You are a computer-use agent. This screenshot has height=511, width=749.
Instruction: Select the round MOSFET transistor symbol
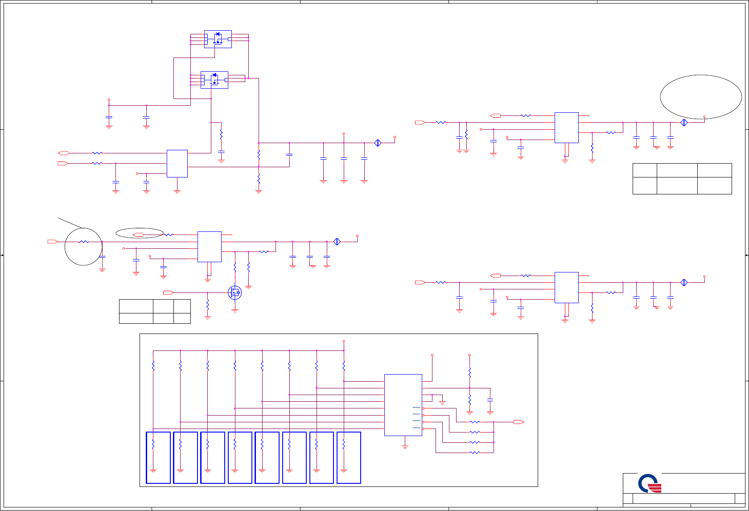click(235, 293)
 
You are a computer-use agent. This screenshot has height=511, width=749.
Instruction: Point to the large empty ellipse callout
click(700, 97)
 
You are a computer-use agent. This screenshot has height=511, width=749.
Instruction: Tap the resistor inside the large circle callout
click(83, 242)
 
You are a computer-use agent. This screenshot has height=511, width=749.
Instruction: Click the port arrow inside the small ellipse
click(138, 235)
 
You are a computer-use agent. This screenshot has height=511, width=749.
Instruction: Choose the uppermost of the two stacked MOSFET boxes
click(218, 39)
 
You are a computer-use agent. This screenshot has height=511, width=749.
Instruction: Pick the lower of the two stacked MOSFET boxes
click(214, 80)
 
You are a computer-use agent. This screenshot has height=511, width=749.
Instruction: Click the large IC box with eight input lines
click(403, 405)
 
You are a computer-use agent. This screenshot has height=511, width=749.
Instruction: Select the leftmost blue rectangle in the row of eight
click(158, 457)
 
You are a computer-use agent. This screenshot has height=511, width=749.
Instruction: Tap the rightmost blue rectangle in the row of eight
click(349, 457)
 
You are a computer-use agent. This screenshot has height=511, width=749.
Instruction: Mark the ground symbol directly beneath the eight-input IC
click(405, 446)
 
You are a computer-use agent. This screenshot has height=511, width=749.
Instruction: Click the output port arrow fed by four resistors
click(519, 422)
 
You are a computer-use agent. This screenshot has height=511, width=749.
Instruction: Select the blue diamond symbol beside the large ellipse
click(684, 122)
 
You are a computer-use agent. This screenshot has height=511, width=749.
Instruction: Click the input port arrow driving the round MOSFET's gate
click(168, 293)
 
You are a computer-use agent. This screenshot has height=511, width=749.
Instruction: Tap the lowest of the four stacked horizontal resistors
click(475, 453)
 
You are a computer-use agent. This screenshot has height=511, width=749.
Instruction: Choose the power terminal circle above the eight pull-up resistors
click(343, 342)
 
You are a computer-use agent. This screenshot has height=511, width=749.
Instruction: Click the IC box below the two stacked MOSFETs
click(177, 163)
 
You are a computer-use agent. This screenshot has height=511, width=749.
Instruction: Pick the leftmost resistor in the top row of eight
click(153, 366)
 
